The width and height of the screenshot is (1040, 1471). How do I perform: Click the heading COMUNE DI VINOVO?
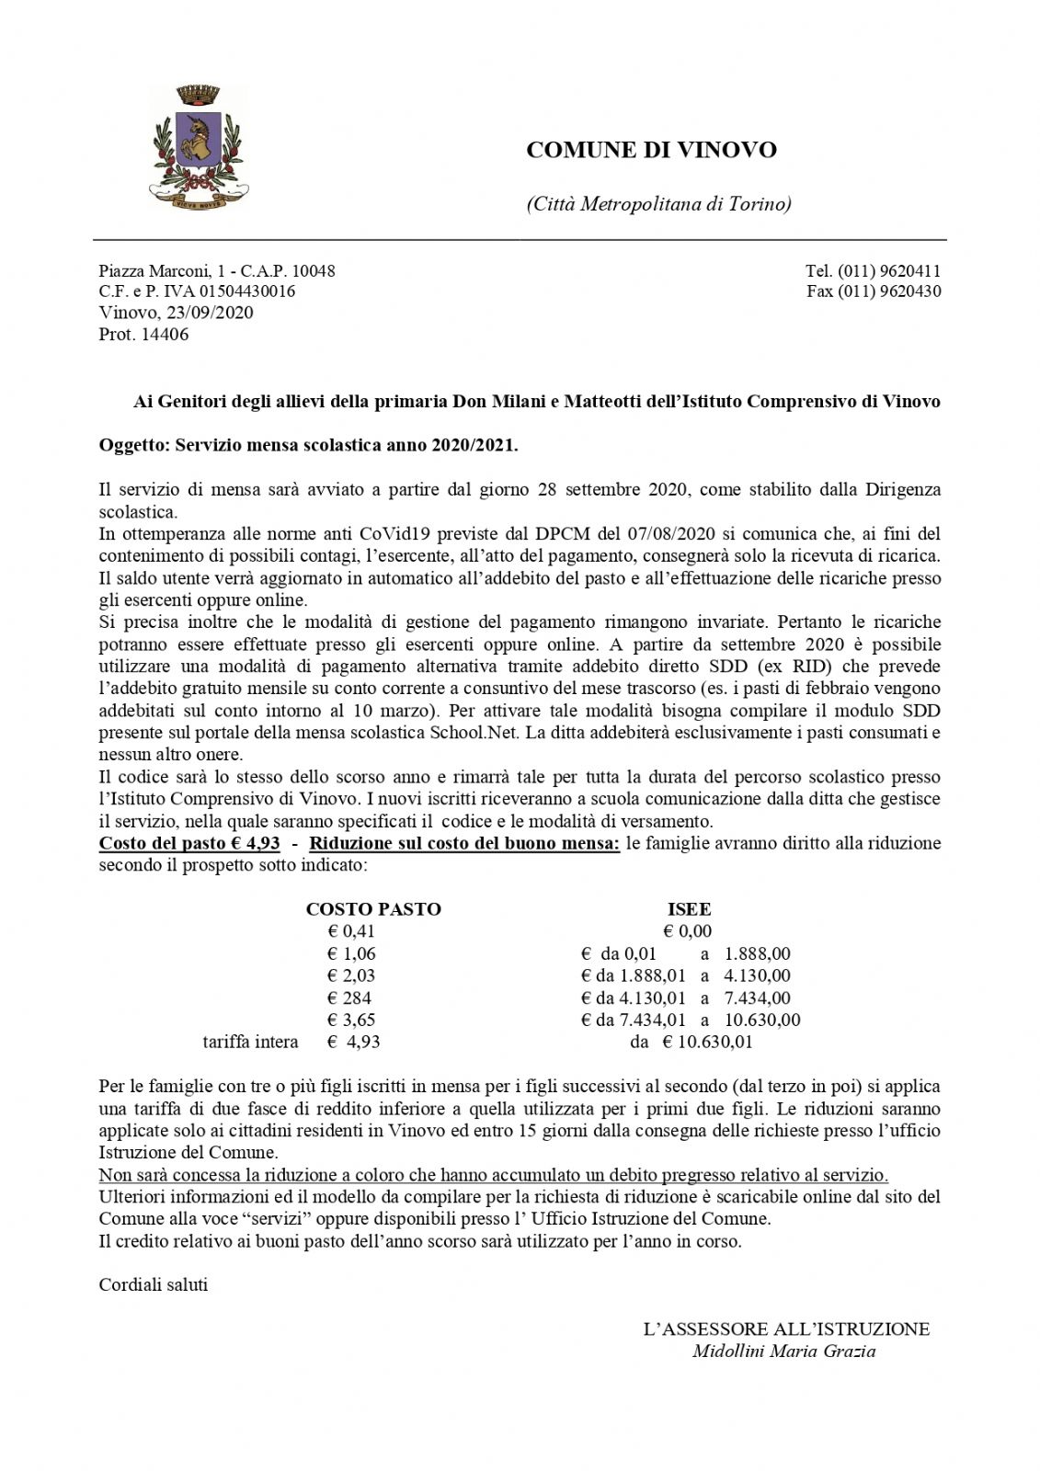[x=651, y=150]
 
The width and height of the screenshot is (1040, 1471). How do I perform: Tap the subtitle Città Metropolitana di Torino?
[x=658, y=204]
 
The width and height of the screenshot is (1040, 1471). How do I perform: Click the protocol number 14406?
[x=165, y=335]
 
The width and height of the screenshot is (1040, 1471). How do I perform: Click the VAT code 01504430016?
[x=245, y=291]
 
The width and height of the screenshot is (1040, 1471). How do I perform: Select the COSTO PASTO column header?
[x=373, y=909]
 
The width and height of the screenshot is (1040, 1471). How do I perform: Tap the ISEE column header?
[x=689, y=909]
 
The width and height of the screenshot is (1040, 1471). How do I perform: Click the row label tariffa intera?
[x=250, y=1042]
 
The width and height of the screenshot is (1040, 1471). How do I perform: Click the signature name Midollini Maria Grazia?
[x=783, y=1351]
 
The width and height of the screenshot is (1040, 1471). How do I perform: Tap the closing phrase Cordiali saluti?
[x=154, y=1284]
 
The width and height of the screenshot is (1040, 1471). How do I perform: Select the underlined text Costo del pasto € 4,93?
[x=189, y=843]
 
